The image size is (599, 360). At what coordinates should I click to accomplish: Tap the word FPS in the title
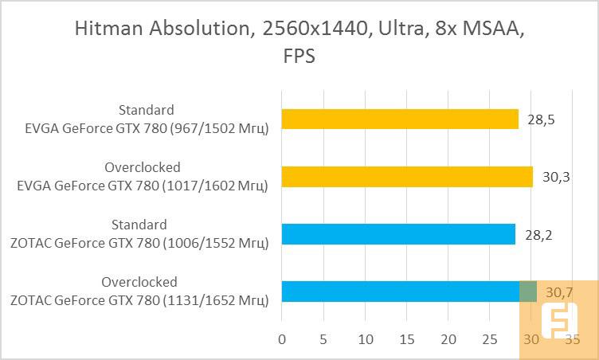[299, 56]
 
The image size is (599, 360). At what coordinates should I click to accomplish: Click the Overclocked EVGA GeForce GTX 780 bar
[407, 176]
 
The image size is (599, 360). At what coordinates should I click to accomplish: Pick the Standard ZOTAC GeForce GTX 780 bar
[398, 233]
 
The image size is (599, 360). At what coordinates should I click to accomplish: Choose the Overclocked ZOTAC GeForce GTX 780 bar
[409, 291]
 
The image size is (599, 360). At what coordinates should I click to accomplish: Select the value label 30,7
[558, 292]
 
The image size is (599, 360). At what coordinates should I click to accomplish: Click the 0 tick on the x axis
[282, 339]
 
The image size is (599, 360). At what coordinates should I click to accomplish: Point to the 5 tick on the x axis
[323, 339]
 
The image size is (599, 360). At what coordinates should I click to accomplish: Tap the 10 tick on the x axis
[365, 339]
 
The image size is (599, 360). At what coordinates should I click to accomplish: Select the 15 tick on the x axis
[406, 339]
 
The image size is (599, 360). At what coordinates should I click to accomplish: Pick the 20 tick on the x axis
[448, 339]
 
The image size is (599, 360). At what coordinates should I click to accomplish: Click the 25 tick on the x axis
[489, 339]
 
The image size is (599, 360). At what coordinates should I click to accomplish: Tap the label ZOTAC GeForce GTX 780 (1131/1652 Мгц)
[139, 299]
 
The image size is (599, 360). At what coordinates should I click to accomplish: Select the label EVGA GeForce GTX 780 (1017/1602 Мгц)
[142, 185]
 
